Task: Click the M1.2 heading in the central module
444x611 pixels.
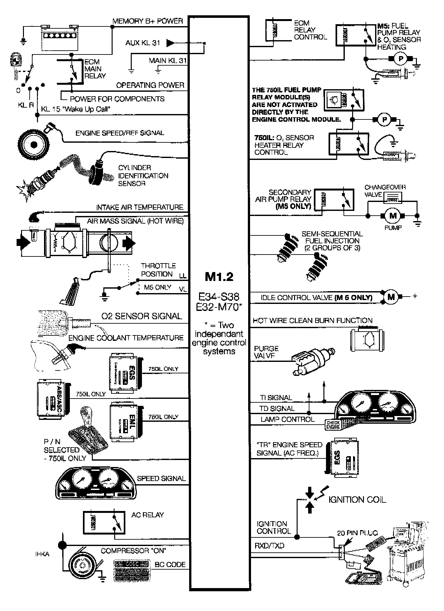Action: (x=219, y=277)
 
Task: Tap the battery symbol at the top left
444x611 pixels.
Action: (x=60, y=38)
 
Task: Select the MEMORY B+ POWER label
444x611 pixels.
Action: (x=147, y=21)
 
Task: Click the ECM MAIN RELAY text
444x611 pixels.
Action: (x=95, y=69)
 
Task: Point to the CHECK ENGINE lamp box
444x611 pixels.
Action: (x=333, y=425)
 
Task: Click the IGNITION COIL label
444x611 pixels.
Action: (x=357, y=500)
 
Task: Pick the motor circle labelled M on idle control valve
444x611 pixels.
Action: (x=391, y=297)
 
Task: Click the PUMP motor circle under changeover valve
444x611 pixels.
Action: (x=393, y=216)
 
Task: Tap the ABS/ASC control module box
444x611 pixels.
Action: (x=53, y=399)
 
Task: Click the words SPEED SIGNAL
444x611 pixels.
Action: (x=161, y=478)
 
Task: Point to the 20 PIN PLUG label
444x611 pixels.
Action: (x=357, y=533)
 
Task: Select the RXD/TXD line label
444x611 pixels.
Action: (x=269, y=546)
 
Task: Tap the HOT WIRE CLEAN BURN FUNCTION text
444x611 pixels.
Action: (x=312, y=320)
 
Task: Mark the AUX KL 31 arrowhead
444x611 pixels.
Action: (x=170, y=43)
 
